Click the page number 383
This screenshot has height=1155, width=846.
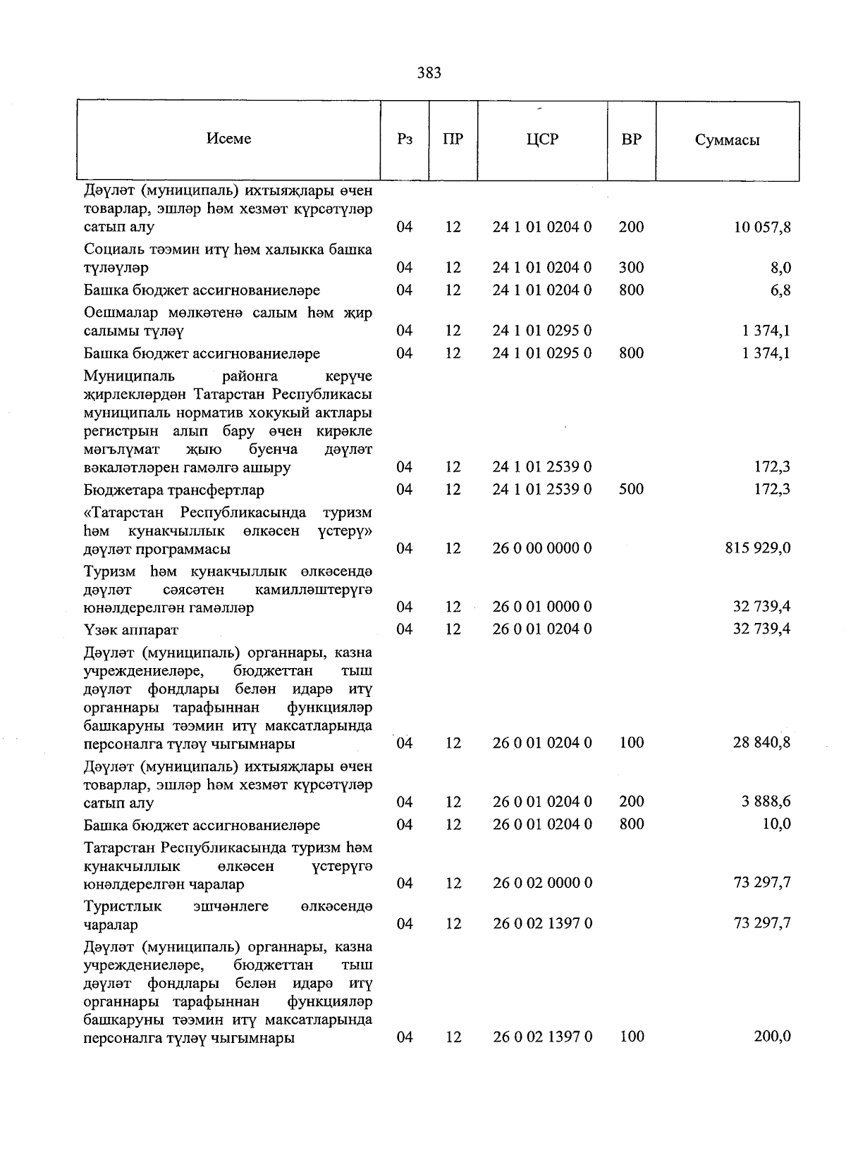429,73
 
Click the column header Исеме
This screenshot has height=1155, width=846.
228,139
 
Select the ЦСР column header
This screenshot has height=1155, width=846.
541,140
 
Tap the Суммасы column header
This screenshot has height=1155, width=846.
727,140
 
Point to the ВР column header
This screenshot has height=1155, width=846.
631,140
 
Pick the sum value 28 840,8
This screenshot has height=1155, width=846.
761,743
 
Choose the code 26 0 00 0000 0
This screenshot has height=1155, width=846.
541,548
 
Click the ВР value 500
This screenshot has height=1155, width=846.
631,489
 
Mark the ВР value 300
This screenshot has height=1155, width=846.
631,268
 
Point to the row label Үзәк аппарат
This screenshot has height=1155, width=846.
131,629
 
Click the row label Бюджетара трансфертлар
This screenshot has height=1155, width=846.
174,490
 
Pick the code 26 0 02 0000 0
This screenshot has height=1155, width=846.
541,884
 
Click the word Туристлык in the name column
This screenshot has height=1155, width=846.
123,906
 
